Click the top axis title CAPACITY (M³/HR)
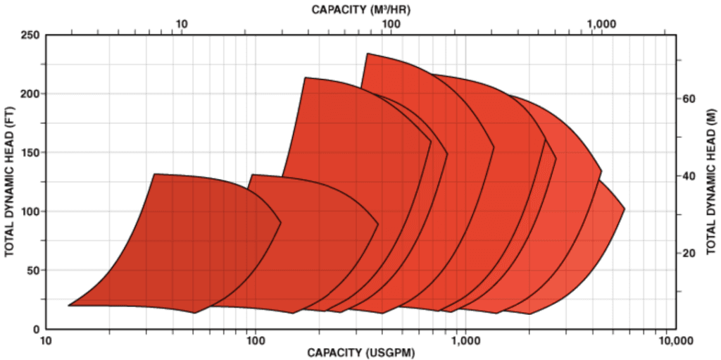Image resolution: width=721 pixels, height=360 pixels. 360,9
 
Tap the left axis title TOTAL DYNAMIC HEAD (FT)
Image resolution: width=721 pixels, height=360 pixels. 11,182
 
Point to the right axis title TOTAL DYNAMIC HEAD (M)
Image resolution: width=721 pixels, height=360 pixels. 710,182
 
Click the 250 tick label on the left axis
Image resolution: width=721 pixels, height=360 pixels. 30,35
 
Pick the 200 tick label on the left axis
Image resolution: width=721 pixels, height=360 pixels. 30,94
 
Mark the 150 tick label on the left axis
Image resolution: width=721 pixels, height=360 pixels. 30,152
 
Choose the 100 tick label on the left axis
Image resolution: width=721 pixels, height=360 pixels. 30,211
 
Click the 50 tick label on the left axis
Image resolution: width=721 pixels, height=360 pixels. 32,270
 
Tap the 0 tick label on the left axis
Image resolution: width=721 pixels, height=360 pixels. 35,329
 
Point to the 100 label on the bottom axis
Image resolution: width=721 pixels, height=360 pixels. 254,342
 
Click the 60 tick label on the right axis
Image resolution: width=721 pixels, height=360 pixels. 689,99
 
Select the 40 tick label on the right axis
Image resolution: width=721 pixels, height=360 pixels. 689,176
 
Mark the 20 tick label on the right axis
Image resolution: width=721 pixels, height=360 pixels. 689,253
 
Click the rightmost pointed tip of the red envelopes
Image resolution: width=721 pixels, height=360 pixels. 624,209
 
